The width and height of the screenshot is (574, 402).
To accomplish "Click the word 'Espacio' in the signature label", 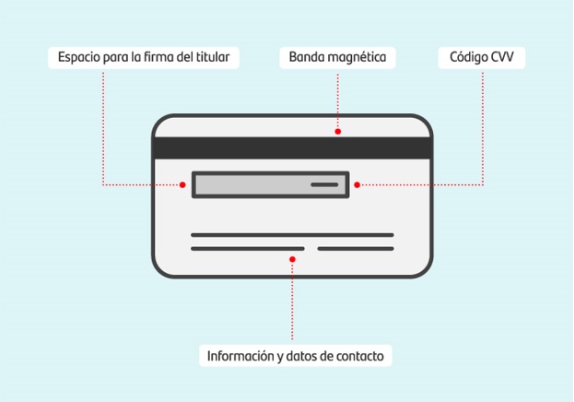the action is coord(79,57).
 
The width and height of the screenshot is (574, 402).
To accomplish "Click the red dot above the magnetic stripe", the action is coord(338,132).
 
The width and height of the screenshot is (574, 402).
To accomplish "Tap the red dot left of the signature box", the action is coord(182,184).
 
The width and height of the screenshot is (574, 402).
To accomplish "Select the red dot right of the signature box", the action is coord(357,184).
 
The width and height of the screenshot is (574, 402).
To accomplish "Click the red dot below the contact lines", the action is coord(292,259).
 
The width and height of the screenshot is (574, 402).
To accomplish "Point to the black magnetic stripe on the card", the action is coord(292,148).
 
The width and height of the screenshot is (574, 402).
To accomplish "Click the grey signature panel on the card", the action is coord(271,184).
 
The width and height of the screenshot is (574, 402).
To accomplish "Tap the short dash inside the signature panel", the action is coord(324,184).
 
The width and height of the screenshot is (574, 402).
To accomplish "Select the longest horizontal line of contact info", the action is coord(292,235).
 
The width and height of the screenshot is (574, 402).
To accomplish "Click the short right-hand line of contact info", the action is coord(356,249).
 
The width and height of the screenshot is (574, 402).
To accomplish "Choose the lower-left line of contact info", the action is coord(248,249).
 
